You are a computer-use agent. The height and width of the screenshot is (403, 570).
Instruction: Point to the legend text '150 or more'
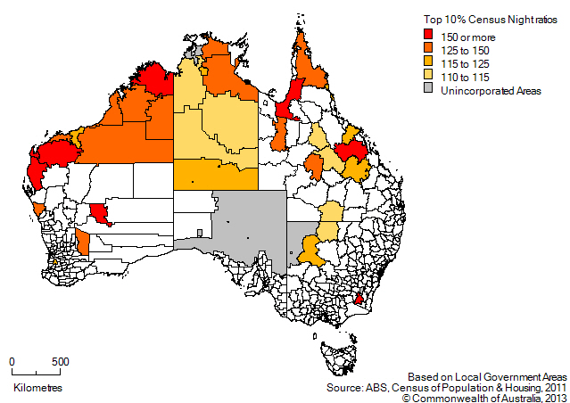pyautogui.click(x=468, y=34)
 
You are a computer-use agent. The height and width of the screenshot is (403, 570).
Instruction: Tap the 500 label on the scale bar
pyautogui.click(x=59, y=362)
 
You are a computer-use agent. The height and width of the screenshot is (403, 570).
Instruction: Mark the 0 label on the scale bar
pyautogui.click(x=12, y=362)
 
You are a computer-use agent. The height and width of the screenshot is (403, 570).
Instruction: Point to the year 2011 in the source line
pyautogui.click(x=552, y=388)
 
